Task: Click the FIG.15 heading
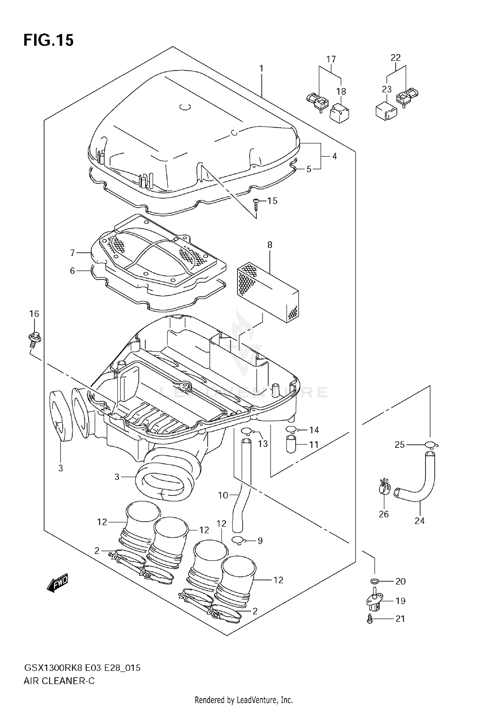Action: (x=48, y=40)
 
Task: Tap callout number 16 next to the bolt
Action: (x=34, y=314)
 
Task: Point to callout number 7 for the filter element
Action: (x=72, y=253)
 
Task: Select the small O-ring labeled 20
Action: (x=374, y=581)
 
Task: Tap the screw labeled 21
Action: (x=370, y=619)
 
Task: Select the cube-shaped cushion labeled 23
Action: (x=386, y=111)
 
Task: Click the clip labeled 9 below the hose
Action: (x=237, y=540)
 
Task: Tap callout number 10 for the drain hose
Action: (x=223, y=495)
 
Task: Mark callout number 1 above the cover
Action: (x=261, y=69)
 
